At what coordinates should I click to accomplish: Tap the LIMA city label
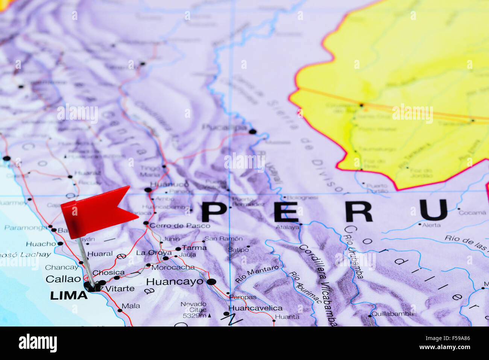pos(69,295)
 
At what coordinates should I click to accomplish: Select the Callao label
pos(63,279)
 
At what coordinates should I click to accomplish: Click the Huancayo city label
pos(175,281)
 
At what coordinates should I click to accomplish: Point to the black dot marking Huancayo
pos(211,281)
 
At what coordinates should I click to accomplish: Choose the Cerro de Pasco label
pos(179,225)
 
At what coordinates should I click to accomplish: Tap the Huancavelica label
pos(255,308)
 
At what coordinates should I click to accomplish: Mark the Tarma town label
pos(194,248)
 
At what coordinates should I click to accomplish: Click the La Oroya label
pos(154,253)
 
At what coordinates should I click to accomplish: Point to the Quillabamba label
pos(392,313)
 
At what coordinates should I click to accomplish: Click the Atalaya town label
pos(287,227)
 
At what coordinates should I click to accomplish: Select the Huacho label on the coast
pos(41,244)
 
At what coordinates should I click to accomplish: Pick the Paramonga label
pos(26,228)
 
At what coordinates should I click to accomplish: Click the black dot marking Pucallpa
pos(252,132)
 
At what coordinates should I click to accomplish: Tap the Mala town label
pos(131,306)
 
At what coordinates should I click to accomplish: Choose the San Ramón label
pos(223,238)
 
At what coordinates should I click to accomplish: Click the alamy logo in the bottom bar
pos(38,343)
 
